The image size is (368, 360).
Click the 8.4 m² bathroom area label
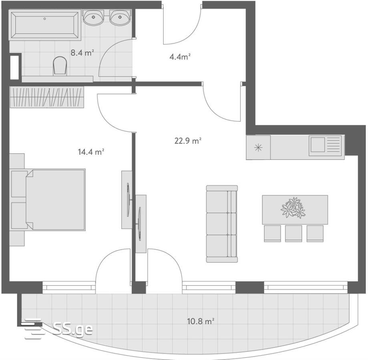pyautogui.click(x=82, y=53)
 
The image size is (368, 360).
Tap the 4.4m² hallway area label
pyautogui.click(x=180, y=57)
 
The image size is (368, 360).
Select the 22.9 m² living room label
pyautogui.click(x=188, y=141)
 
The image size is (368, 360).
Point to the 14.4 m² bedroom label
pyautogui.click(x=91, y=152)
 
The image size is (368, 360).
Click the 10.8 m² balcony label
pyautogui.click(x=201, y=321)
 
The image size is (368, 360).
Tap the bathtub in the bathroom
pyautogui.click(x=45, y=25)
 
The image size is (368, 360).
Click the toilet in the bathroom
pyautogui.click(x=60, y=66)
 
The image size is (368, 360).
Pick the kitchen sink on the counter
pyautogui.click(x=325, y=145)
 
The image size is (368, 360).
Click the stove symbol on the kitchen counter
pyautogui.click(x=258, y=148)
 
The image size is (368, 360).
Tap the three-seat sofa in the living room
pyautogui.click(x=222, y=224)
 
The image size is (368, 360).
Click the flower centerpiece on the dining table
pyautogui.click(x=293, y=208)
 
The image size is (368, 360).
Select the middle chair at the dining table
pyautogui.click(x=294, y=234)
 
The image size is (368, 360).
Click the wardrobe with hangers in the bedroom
pyautogui.click(x=47, y=97)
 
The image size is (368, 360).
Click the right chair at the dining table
pyautogui.click(x=315, y=234)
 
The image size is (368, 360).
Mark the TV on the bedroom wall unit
pyautogui.click(x=128, y=200)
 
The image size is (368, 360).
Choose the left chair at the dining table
pyautogui.click(x=272, y=234)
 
